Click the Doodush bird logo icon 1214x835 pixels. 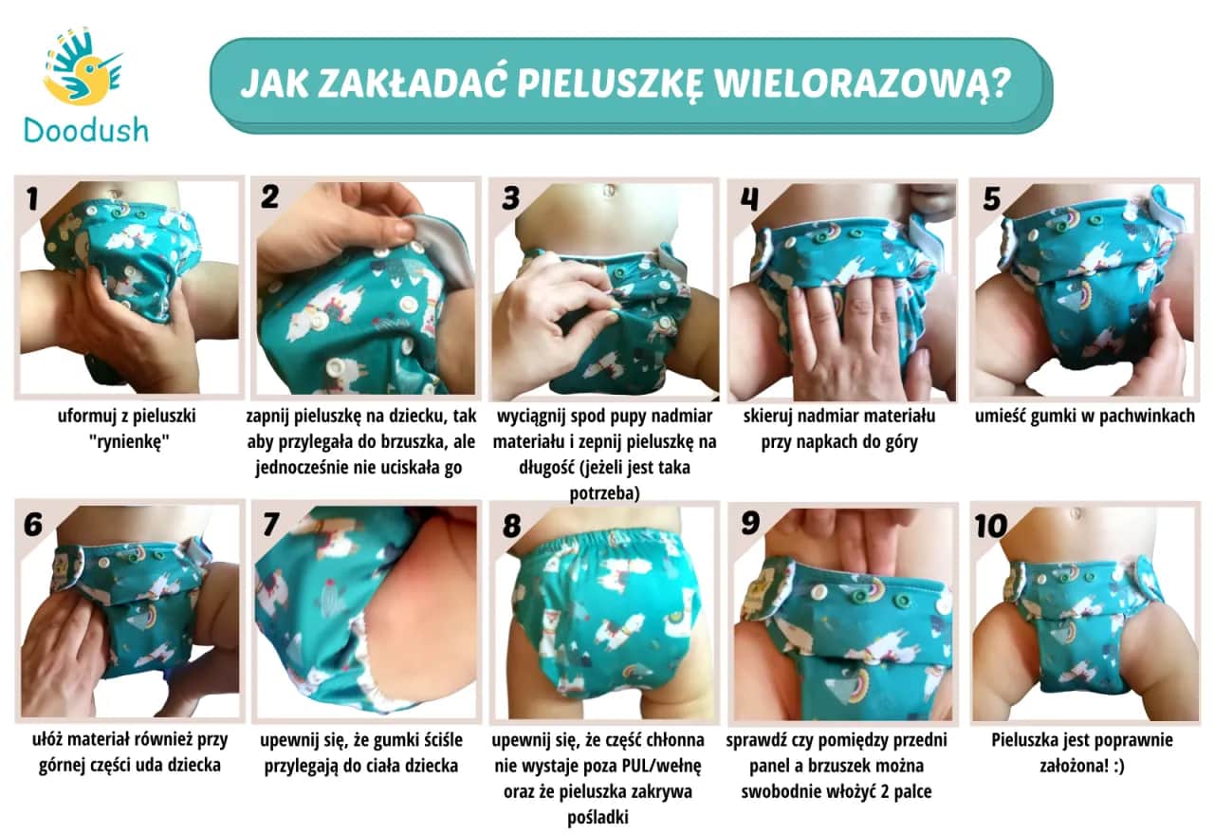point(83,67)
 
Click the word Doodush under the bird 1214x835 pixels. point(86,129)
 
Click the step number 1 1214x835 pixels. point(32,198)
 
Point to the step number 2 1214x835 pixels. point(270,198)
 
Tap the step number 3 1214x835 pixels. point(511,198)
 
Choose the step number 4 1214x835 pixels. point(749,198)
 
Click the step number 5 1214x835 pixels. point(992,198)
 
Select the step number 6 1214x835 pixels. point(32,523)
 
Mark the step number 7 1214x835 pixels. point(270,523)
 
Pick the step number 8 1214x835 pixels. point(511,523)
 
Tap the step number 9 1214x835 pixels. point(749,523)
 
